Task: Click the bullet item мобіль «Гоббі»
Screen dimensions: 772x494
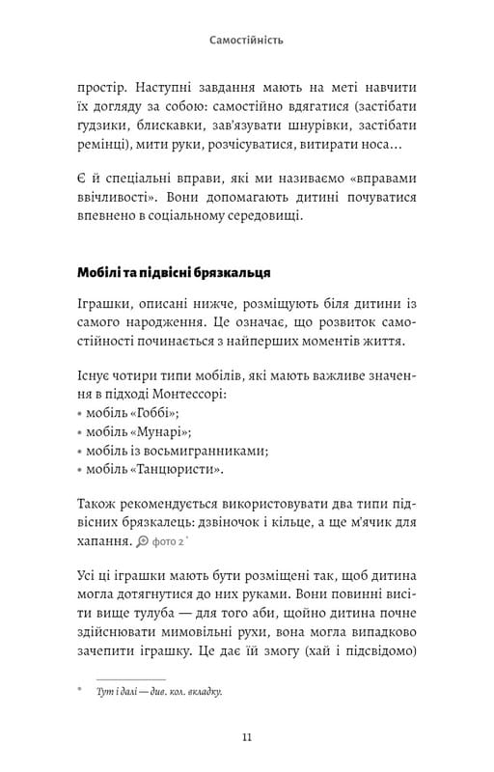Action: pyautogui.click(x=131, y=411)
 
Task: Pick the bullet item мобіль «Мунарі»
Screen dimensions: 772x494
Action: pyautogui.click(x=136, y=430)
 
